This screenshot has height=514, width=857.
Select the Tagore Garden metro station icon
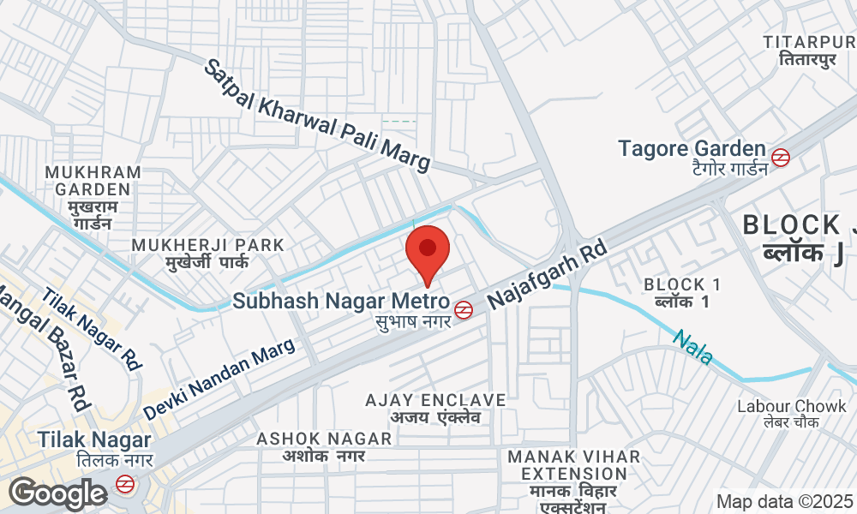point(780,158)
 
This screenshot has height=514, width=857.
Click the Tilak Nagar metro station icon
point(125,484)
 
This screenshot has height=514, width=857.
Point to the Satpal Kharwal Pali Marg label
point(317,116)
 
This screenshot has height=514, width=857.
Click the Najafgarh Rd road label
point(548,275)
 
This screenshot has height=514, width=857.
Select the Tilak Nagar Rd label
point(91,328)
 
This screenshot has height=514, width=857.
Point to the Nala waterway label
point(692,347)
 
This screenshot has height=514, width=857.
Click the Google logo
point(57,493)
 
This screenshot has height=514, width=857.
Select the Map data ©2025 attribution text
point(785,502)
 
